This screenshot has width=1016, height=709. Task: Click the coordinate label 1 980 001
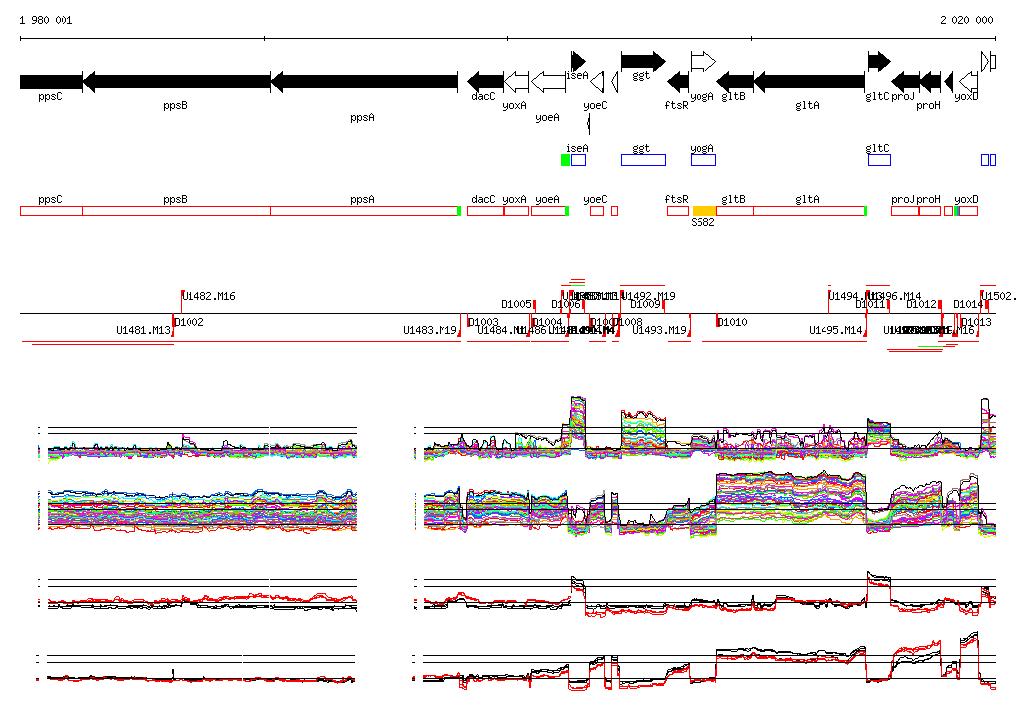pos(46,20)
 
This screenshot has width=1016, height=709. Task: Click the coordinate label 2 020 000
pos(966,20)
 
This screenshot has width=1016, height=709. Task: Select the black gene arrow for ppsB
pos(177,81)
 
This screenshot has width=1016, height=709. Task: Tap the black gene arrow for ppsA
pos(363,81)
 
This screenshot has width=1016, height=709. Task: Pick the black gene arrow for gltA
pos(809,81)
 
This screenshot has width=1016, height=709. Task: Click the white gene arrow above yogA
pos(702,61)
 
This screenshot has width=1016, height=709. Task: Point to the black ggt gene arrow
pos(642,61)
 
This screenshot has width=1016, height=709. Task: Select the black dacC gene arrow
pos(485,81)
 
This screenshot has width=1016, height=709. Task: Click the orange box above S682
pos(704,211)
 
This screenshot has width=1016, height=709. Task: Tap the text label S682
pos(703,223)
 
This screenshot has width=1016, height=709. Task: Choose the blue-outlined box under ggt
pos(643,160)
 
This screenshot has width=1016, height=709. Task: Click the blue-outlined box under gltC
pos(879,160)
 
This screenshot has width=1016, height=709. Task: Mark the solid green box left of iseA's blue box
pos(565,160)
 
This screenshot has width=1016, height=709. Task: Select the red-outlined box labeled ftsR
pos(677,211)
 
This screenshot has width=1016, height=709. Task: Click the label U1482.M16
pos(209,296)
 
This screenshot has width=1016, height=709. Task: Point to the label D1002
pos(190,322)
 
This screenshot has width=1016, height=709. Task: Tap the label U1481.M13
pos(143,330)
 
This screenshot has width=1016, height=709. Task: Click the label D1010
pos(732,322)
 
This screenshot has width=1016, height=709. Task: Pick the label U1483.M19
pos(430,330)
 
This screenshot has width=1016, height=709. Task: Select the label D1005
pos(516,304)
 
